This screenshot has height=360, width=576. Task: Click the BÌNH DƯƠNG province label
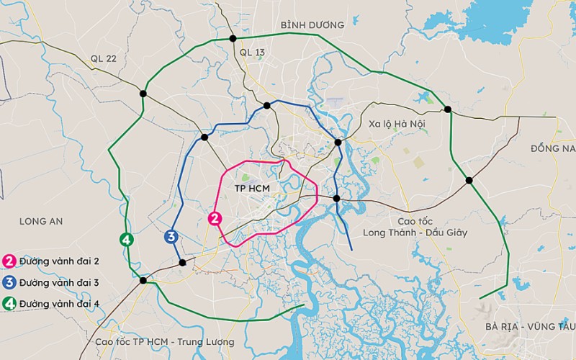[x=312, y=24]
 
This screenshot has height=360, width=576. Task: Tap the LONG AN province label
[x=42, y=221]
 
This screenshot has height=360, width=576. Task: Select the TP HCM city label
[x=251, y=187]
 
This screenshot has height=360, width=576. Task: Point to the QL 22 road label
[x=104, y=58]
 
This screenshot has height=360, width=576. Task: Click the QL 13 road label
[x=252, y=52]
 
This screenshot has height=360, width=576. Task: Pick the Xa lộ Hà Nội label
[x=397, y=124]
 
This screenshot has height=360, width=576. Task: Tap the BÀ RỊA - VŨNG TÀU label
[x=530, y=326]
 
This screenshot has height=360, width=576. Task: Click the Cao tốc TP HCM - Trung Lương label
[x=165, y=341]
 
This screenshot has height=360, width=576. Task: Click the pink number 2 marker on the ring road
[x=213, y=219]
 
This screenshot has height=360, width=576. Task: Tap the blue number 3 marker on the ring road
[x=171, y=236]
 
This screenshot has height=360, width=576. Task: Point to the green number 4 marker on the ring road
[x=127, y=240]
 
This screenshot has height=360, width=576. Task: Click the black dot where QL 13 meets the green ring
[x=233, y=39]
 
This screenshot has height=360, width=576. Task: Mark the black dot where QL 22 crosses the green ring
[x=143, y=94]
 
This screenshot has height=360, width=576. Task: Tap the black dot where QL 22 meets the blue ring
[x=204, y=137]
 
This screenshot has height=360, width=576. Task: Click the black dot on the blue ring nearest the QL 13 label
[x=267, y=105]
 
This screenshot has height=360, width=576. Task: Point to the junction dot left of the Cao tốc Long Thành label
[x=336, y=198]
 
